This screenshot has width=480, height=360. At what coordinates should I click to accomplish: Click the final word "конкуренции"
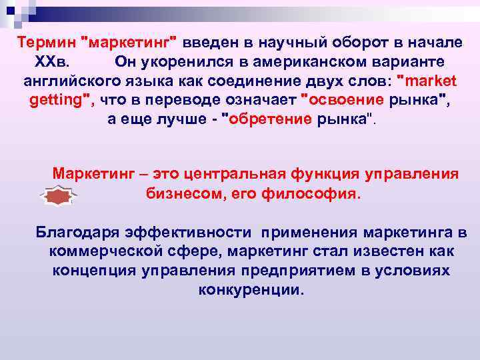250,291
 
